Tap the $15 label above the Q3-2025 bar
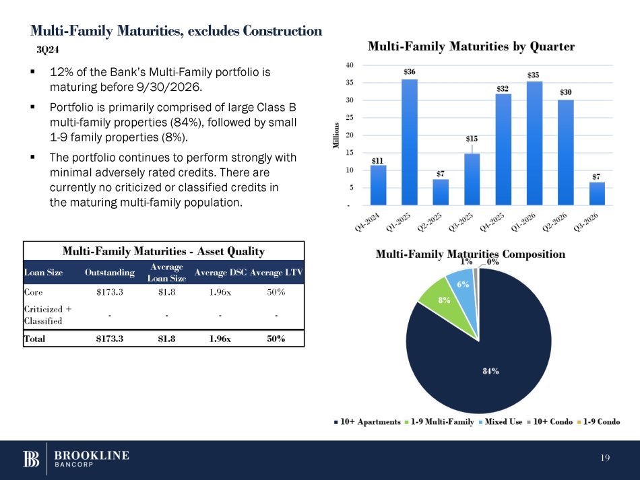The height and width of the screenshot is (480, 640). click(x=472, y=138)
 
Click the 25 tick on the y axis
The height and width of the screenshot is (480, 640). click(x=347, y=118)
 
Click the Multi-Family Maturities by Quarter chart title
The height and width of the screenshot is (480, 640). click(x=470, y=46)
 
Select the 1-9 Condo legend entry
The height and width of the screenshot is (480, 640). click(x=600, y=422)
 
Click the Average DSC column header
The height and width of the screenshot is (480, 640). click(x=220, y=273)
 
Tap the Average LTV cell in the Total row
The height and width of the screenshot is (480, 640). click(x=276, y=339)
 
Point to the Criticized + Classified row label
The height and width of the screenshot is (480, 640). click(x=47, y=314)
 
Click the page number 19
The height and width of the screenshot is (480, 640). click(x=604, y=459)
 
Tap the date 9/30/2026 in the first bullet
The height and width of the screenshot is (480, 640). click(x=164, y=88)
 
